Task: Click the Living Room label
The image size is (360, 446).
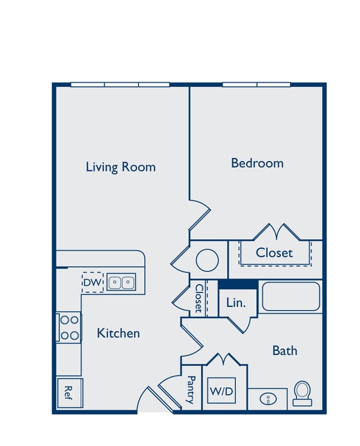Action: [x=121, y=167]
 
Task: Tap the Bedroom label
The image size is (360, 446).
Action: [x=257, y=163]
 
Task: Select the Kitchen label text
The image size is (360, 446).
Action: [x=118, y=333]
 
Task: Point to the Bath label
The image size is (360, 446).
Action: [x=285, y=351]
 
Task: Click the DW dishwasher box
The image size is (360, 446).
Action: [x=93, y=283]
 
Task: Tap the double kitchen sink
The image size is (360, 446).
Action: [x=121, y=282]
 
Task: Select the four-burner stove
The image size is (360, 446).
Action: [x=69, y=328]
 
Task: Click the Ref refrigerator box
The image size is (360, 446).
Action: [x=70, y=393]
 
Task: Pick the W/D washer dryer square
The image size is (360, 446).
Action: [x=221, y=391]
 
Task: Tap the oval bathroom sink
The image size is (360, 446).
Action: [x=268, y=399]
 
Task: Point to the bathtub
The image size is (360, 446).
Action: [x=291, y=296]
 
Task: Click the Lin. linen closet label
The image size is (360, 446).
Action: [x=236, y=302]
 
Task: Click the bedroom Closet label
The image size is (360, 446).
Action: [x=274, y=252]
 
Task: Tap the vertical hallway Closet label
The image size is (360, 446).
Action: [x=199, y=298]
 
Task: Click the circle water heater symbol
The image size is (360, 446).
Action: [x=207, y=260]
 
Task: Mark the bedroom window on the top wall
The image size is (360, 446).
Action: [x=256, y=85]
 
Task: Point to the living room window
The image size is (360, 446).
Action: [x=120, y=85]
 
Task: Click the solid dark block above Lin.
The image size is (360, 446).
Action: [x=238, y=284]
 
